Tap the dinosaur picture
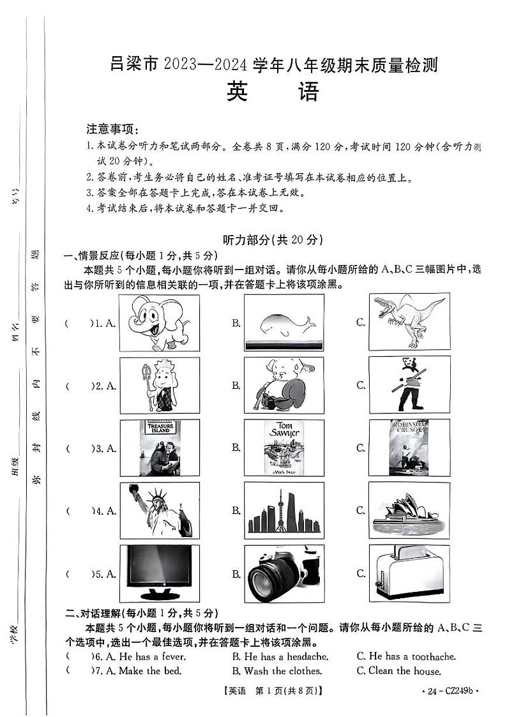409,321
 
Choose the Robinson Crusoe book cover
409,448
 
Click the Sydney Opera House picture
409,510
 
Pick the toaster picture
409,573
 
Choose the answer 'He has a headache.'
280,656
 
